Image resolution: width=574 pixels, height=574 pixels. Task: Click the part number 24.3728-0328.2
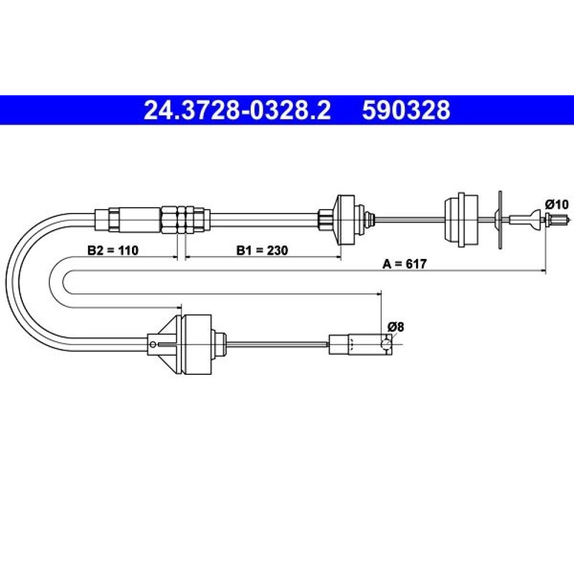point(237,110)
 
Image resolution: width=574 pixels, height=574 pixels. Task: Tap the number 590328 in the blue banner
point(406,110)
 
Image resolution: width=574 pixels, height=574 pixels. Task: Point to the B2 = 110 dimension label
point(113,250)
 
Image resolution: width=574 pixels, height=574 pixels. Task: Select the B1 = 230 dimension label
point(262,250)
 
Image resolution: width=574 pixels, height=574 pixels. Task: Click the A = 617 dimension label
point(405,263)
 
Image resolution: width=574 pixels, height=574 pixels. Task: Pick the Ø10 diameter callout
point(557,204)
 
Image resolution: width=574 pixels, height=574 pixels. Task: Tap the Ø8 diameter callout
point(395,327)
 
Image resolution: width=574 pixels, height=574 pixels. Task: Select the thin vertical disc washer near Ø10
point(500,220)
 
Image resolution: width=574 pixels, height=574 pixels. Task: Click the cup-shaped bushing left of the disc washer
point(461,220)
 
